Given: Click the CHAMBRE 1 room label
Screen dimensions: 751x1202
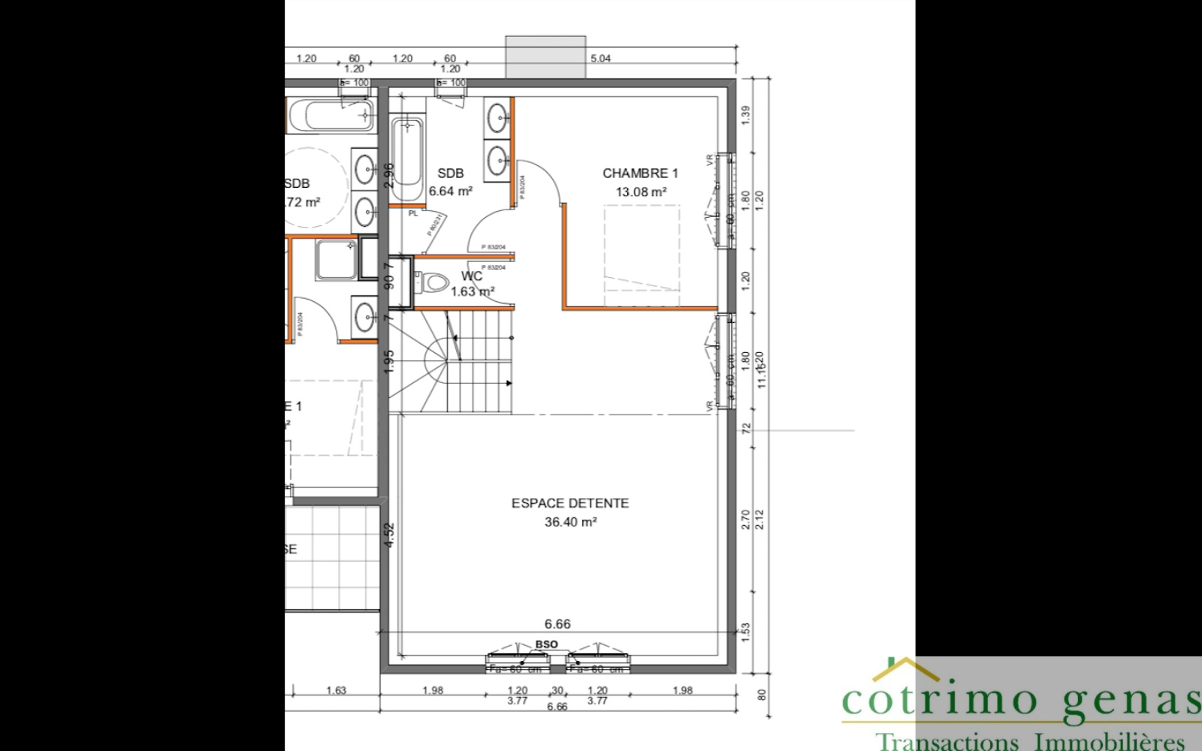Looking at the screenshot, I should click(x=640, y=173).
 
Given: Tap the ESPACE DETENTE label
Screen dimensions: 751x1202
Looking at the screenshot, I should click(x=570, y=503).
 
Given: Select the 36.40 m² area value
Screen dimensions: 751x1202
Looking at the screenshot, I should click(x=570, y=522).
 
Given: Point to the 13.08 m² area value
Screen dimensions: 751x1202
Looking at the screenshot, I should click(x=641, y=192).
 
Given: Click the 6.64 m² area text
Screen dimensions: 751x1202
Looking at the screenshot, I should click(x=450, y=192).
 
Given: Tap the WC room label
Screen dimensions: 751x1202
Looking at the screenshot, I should click(x=472, y=276).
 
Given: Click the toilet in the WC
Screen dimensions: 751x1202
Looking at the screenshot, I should click(x=430, y=284).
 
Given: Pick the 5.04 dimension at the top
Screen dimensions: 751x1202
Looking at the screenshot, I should click(x=600, y=59).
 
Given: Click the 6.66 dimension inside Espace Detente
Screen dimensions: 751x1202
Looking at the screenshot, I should click(x=557, y=624).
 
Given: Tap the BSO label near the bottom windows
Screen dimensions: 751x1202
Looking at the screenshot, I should click(x=547, y=644).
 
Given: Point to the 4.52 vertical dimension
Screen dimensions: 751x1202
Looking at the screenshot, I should click(x=389, y=535).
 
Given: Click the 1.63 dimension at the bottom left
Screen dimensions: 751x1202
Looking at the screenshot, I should click(x=336, y=691).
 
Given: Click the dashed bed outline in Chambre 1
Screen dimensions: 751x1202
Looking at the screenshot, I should click(x=642, y=255).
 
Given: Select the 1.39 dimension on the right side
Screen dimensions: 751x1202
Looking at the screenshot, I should click(x=745, y=115).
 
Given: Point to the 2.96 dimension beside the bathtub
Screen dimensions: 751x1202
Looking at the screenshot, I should click(x=388, y=174).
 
